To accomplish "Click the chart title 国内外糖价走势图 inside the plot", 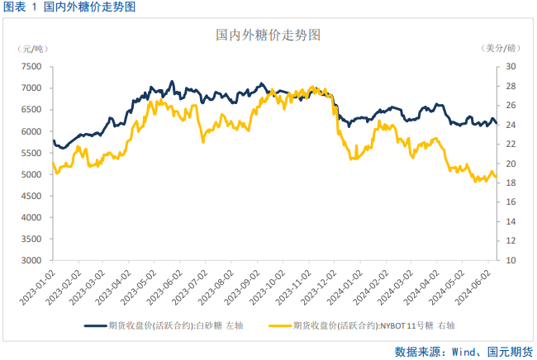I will pos(268,36).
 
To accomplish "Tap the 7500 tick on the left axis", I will pos(31,67).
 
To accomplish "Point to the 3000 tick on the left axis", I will pos(31,261).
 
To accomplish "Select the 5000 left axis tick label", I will pos(31,175).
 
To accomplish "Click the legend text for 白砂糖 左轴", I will pos(176,326).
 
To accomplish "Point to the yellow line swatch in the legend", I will pos(281,326).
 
